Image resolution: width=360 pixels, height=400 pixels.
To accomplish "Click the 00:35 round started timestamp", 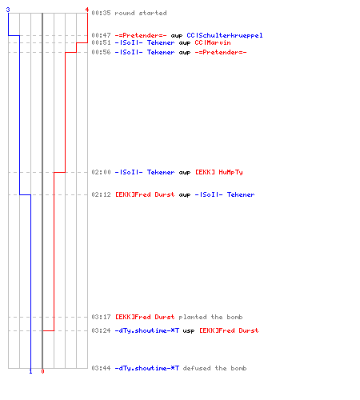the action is tap(101, 13).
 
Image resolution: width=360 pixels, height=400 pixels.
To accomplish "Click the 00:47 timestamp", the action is tap(101, 35).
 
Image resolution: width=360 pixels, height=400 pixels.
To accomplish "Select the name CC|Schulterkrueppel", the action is tap(225, 35).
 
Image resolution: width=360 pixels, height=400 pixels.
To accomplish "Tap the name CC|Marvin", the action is tap(213, 42).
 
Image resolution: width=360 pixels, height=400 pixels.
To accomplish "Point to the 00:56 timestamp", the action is tap(101, 52).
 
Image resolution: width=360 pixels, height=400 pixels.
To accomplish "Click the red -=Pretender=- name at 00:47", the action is tap(141, 35).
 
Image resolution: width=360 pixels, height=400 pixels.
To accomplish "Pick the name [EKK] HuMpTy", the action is tap(219, 172).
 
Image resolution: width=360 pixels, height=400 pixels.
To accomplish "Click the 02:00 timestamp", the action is tap(101, 172).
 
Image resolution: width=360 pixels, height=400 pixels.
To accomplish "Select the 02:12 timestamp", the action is tap(101, 194).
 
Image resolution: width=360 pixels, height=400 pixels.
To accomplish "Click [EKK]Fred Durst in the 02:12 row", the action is tap(145, 194).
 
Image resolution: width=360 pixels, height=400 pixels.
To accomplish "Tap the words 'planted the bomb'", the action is tap(210, 317).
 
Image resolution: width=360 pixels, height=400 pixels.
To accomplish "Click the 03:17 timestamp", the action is tap(101, 317).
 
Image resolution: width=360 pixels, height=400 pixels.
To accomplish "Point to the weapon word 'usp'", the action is tap(189, 331).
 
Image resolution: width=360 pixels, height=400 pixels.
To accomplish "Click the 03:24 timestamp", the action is tap(101, 330).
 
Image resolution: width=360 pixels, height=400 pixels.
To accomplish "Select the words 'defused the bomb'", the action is tap(214, 368).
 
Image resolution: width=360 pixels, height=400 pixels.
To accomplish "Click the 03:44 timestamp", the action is tap(101, 368).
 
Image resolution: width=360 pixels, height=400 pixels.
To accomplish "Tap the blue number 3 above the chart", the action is tap(8, 10).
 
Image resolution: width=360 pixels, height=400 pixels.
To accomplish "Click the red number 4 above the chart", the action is tap(87, 10).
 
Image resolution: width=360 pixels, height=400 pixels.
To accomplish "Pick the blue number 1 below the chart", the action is tap(30, 371).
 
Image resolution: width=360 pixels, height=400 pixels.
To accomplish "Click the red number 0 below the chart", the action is tap(42, 371).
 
